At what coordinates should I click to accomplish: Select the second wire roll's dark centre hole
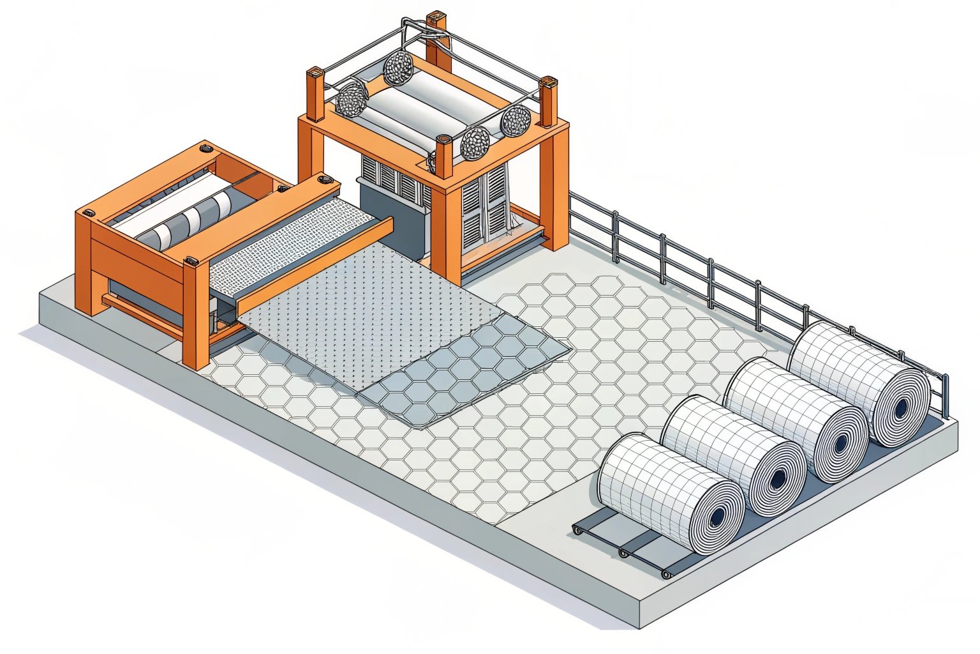coord(779,478)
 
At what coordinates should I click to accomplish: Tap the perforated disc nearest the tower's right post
coord(516,120)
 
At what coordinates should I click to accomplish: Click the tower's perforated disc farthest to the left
coord(352,99)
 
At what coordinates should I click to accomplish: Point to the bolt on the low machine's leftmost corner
coord(88,211)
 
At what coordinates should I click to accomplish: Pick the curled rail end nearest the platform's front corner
coord(665,574)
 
